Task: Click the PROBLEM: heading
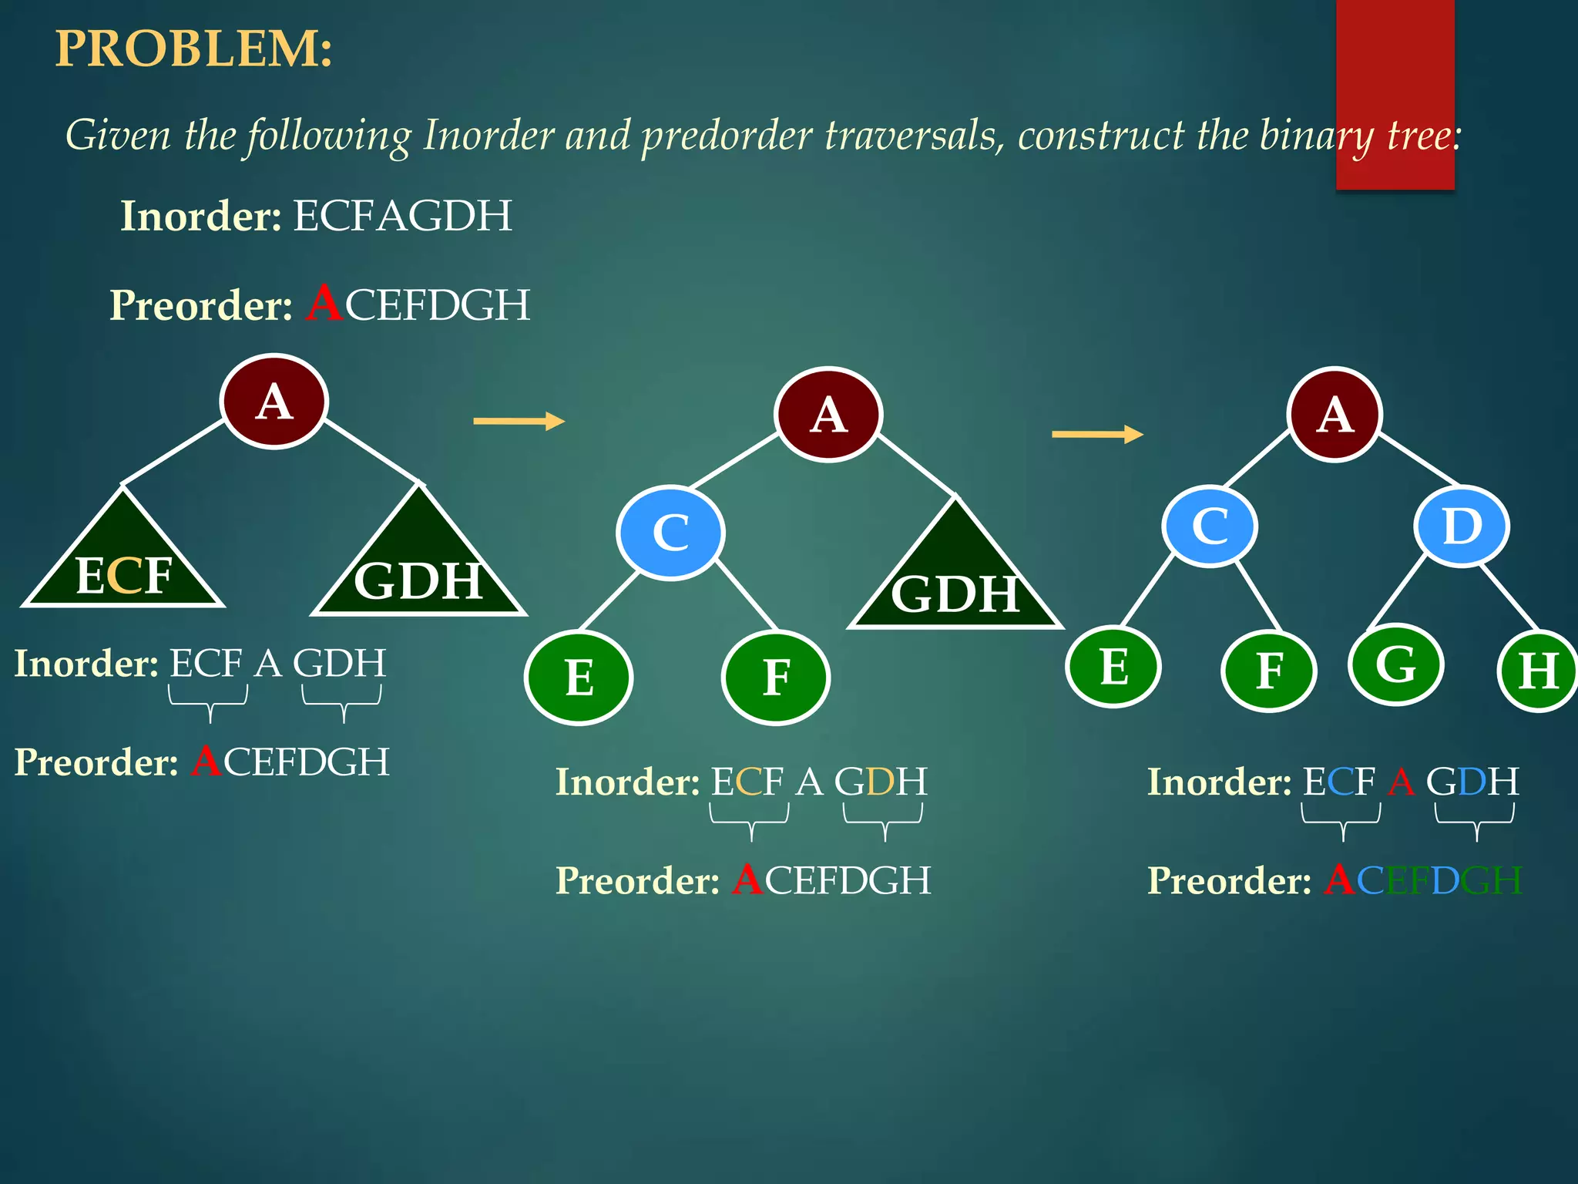[x=193, y=49]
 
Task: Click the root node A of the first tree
[x=274, y=402]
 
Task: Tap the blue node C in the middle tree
[x=670, y=532]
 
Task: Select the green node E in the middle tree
[x=579, y=678]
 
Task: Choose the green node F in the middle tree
[x=776, y=678]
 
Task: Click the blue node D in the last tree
[x=1462, y=526]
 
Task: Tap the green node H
[x=1538, y=671]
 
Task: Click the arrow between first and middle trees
[x=519, y=421]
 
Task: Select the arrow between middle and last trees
[x=1097, y=434]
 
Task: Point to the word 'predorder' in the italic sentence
[x=727, y=136]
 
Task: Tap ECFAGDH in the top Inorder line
[x=402, y=216]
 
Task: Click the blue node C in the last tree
[x=1210, y=526]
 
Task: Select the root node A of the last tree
[x=1335, y=415]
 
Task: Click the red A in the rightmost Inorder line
[x=1401, y=782]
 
